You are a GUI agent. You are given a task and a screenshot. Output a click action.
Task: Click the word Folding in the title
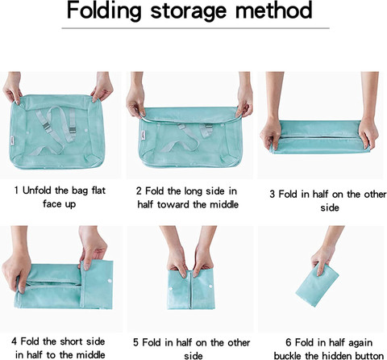104,10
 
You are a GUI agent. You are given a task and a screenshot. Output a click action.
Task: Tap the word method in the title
273,10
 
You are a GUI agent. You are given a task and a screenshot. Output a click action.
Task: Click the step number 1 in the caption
17,190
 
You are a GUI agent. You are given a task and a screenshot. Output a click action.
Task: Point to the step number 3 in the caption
273,194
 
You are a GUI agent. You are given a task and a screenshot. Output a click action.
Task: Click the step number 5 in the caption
135,342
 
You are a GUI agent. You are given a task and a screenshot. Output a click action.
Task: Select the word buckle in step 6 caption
287,356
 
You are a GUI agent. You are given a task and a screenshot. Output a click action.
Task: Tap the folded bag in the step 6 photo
318,286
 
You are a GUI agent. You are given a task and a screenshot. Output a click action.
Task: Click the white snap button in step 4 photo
110,281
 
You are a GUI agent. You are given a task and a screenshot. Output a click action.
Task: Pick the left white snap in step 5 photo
171,289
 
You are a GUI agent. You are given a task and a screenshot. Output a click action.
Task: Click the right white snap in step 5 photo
211,286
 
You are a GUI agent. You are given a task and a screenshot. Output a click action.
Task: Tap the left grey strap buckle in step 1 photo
47,126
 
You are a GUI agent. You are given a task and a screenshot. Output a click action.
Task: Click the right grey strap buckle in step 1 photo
72,130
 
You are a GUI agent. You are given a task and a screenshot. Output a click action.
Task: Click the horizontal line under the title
195,28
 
